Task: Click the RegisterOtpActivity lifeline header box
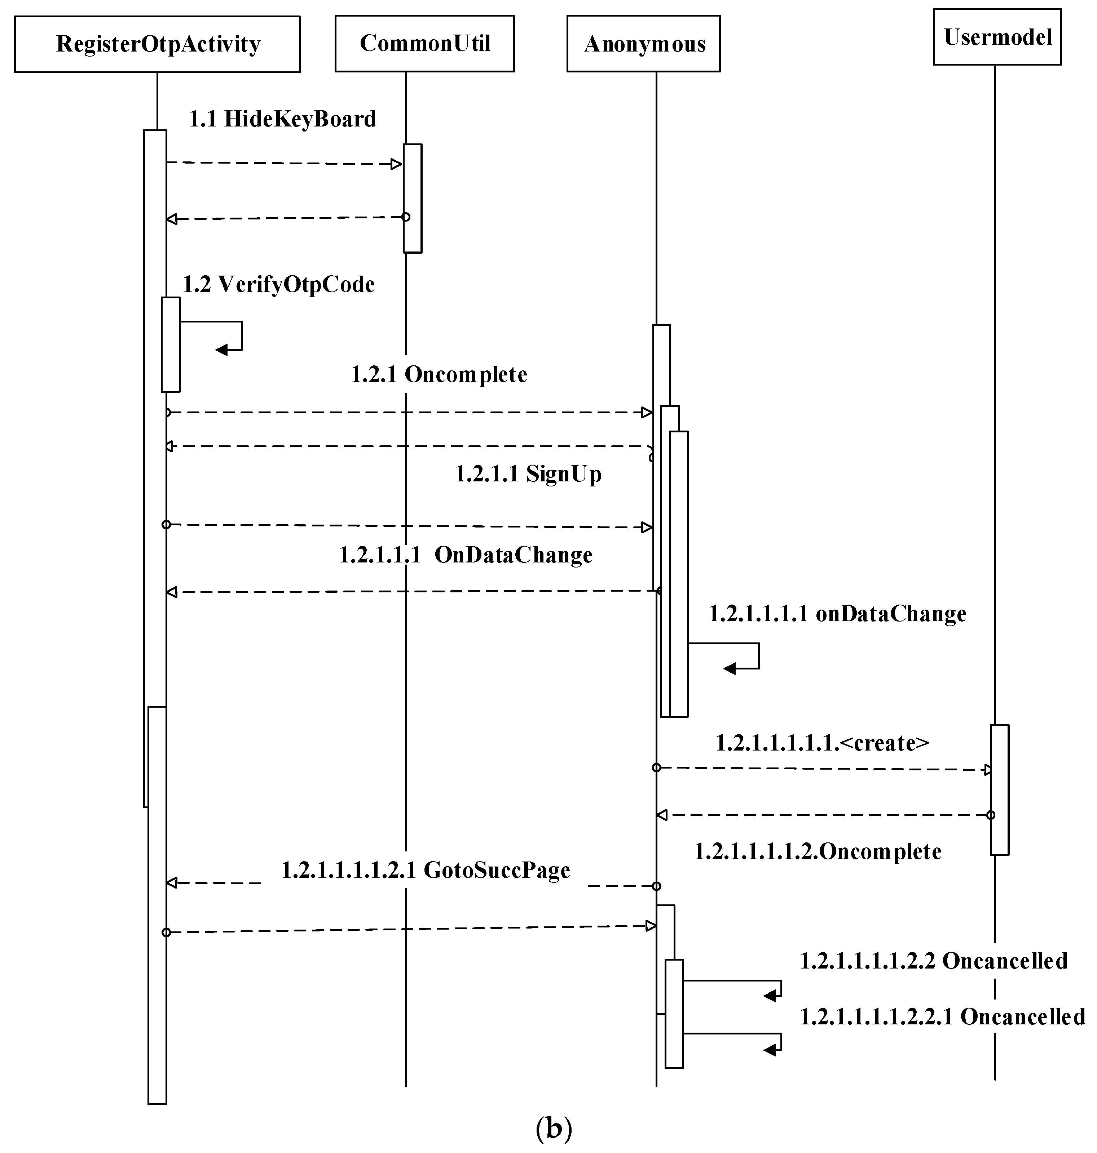[157, 44]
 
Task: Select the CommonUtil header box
[424, 44]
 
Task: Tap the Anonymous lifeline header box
[643, 44]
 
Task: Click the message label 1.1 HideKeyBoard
[282, 119]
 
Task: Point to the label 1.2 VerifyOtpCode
[278, 285]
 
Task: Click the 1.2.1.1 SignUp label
[528, 474]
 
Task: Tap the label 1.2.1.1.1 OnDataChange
[466, 555]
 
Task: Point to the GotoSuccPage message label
[426, 870]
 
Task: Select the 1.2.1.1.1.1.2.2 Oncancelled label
[933, 961]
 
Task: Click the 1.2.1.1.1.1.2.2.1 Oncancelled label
[942, 1017]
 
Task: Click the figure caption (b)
[553, 1128]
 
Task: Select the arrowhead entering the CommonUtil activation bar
[397, 164]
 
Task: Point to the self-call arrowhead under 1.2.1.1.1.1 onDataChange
[729, 668]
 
